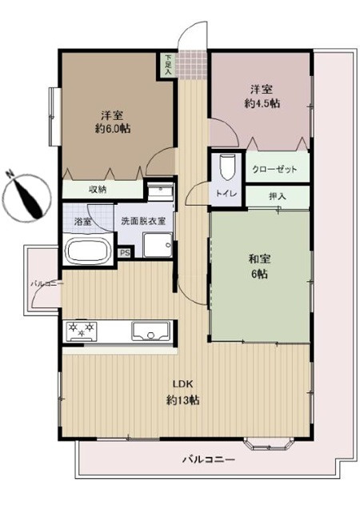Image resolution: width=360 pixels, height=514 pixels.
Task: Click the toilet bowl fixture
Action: click(x=226, y=167)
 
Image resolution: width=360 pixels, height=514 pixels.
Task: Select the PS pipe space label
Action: click(x=125, y=253)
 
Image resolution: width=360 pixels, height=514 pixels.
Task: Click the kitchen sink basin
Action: click(x=150, y=331)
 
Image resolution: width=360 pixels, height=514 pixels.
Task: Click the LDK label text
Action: click(x=182, y=383)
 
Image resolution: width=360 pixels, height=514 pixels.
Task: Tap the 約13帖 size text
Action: click(x=182, y=400)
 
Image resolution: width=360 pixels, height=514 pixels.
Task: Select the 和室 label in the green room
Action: click(x=259, y=259)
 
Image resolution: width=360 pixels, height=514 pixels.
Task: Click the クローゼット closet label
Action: click(x=274, y=169)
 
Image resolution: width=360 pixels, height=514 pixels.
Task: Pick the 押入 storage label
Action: click(x=278, y=196)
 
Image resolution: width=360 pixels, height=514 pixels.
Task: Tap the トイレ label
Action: click(x=226, y=194)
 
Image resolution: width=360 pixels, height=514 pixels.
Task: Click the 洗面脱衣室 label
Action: click(x=143, y=221)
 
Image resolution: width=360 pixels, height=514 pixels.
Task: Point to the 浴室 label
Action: click(x=82, y=221)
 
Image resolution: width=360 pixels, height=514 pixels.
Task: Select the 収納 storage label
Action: click(x=98, y=189)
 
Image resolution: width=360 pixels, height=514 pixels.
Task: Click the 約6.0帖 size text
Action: click(x=112, y=128)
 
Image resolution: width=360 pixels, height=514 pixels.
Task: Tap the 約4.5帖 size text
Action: click(x=262, y=103)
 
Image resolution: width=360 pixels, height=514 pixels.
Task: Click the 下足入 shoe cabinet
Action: click(x=168, y=65)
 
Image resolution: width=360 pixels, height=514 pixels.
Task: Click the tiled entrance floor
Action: click(x=192, y=64)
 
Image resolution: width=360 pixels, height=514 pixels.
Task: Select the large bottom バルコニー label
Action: click(x=208, y=459)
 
